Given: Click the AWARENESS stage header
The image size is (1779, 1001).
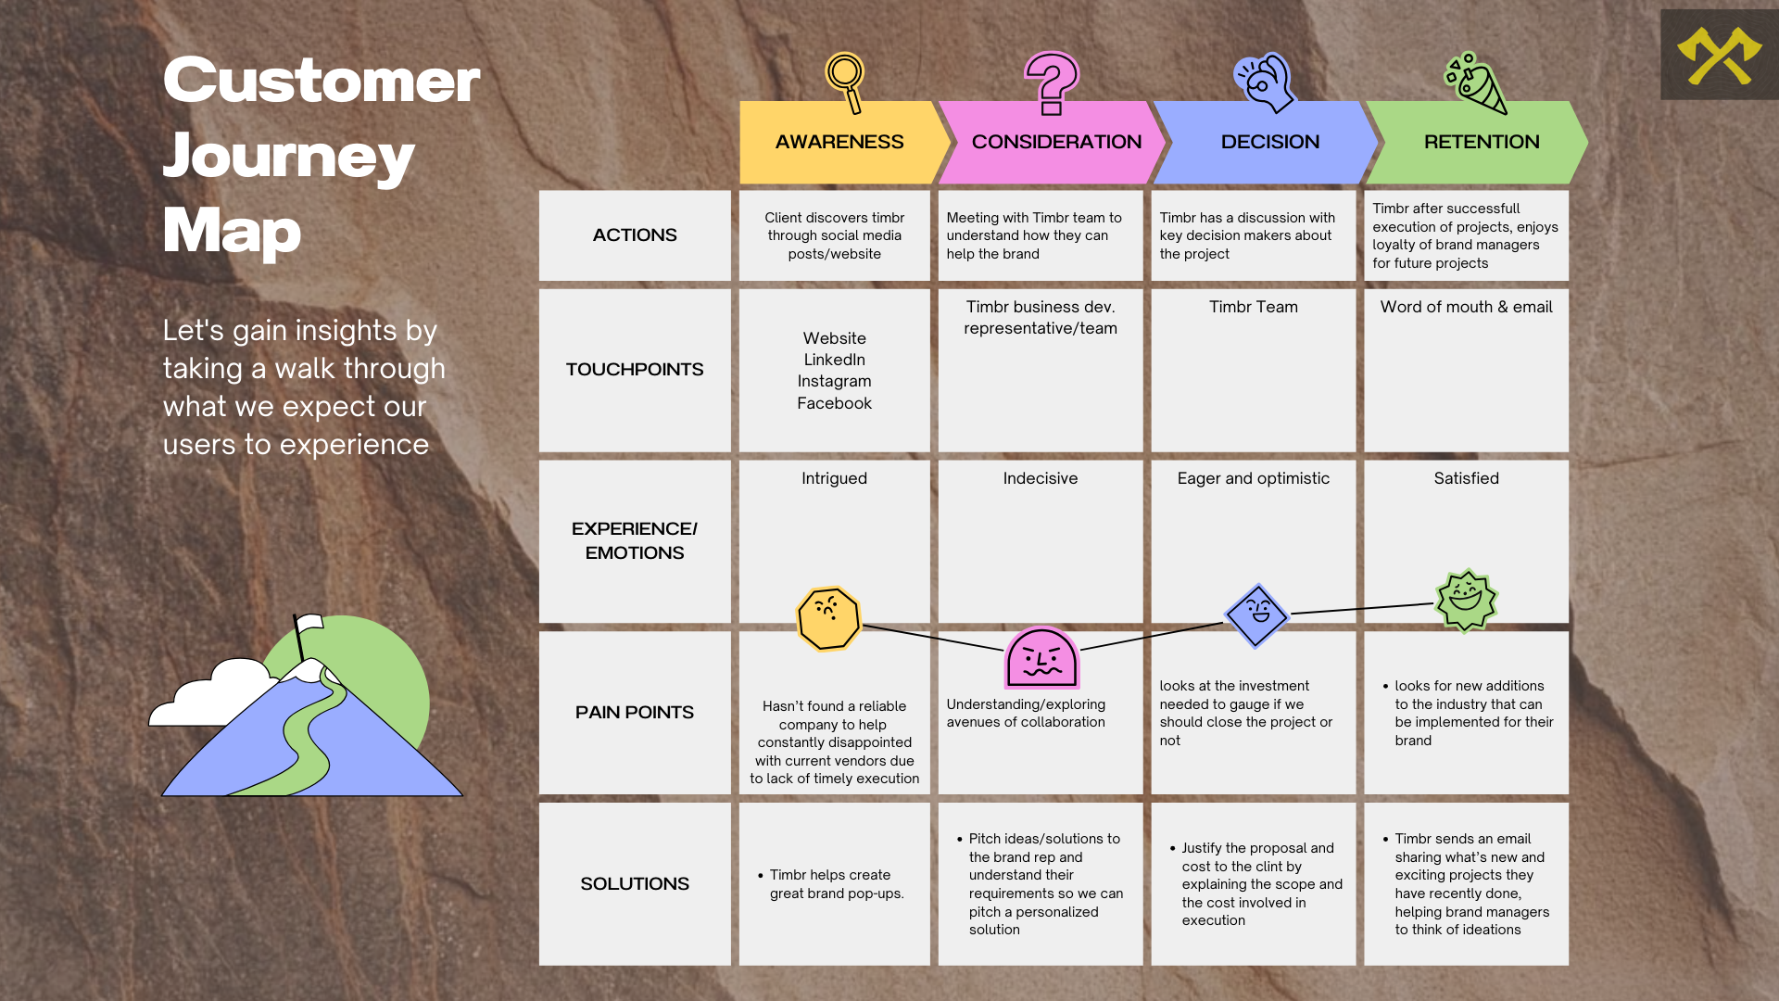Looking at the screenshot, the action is (839, 142).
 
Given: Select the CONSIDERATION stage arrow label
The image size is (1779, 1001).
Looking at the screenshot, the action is (1056, 142).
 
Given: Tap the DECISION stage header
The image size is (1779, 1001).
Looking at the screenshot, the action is (1269, 142).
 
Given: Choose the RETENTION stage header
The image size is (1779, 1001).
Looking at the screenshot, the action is (1481, 142).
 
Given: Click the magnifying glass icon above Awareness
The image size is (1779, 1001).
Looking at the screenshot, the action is (846, 80).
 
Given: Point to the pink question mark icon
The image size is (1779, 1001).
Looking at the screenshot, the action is (1051, 82).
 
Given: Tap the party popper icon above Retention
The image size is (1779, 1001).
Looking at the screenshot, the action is (1475, 82).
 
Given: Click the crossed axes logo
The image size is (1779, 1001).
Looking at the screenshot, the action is (1719, 56).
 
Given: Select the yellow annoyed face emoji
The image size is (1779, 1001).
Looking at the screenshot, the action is (828, 618).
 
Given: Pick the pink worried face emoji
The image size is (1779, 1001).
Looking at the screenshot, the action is (1041, 658).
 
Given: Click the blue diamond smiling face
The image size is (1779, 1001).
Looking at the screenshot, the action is (1256, 615).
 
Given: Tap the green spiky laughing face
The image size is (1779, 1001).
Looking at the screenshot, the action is (1466, 600).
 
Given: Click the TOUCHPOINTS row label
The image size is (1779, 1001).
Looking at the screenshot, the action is (635, 369).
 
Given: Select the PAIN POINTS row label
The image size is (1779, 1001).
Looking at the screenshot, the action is (635, 712).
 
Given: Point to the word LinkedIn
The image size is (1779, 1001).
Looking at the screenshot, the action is (834, 360).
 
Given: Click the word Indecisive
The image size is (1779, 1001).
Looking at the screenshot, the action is (1040, 478).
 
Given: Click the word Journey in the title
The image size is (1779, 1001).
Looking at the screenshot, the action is (288, 156).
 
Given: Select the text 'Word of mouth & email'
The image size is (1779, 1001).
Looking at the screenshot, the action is (1466, 307).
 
